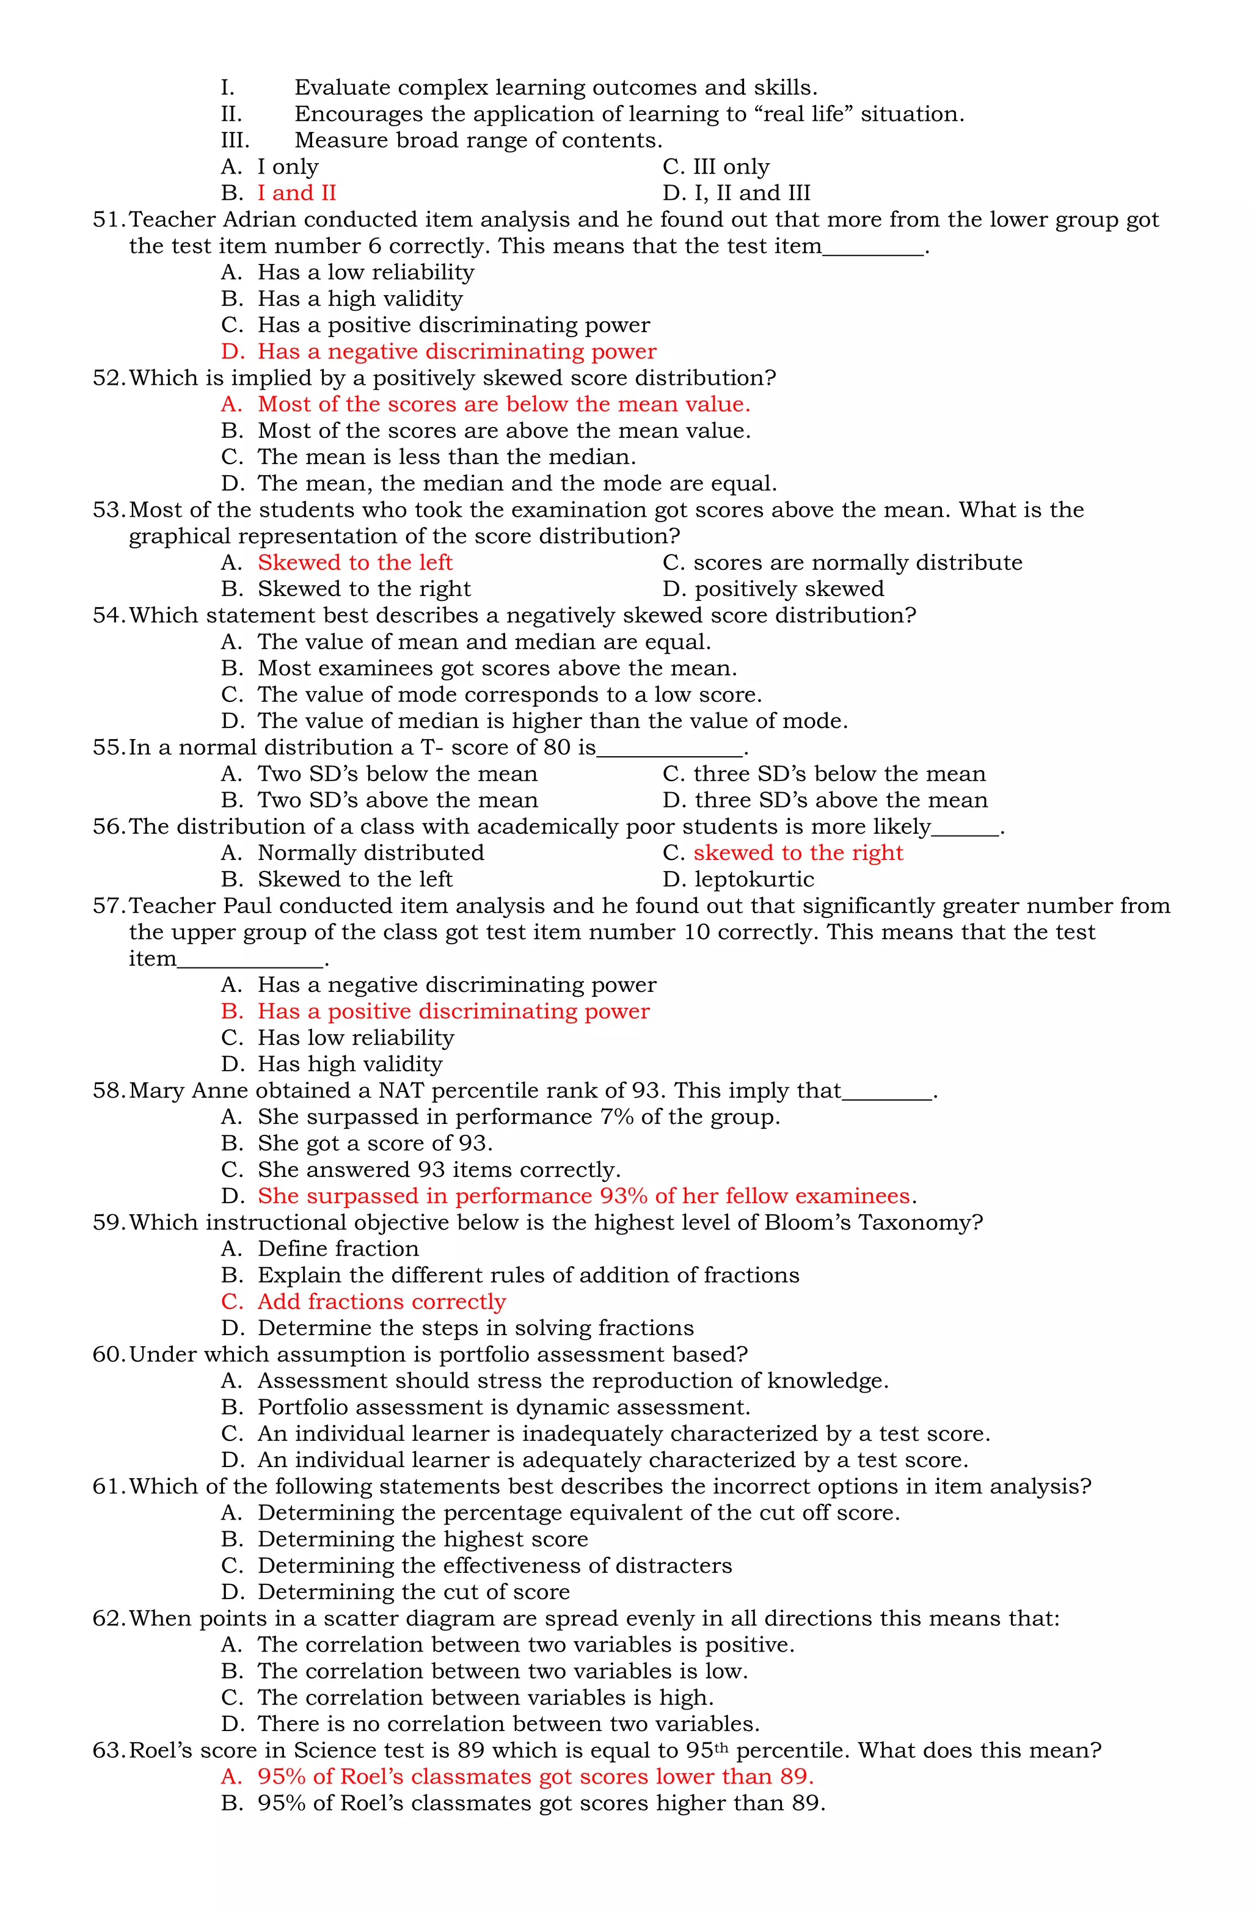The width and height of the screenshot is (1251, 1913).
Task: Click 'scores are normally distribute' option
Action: pyautogui.click(x=857, y=563)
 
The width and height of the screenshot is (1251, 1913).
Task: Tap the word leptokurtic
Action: pyautogui.click(x=753, y=880)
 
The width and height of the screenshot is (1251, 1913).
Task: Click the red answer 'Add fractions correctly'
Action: pyautogui.click(x=381, y=1302)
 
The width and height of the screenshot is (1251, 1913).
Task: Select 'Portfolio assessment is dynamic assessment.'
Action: pyautogui.click(x=503, y=1407)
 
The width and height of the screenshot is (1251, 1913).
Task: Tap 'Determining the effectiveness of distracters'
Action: pyautogui.click(x=494, y=1566)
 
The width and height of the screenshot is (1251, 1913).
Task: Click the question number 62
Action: pyautogui.click(x=109, y=1618)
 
